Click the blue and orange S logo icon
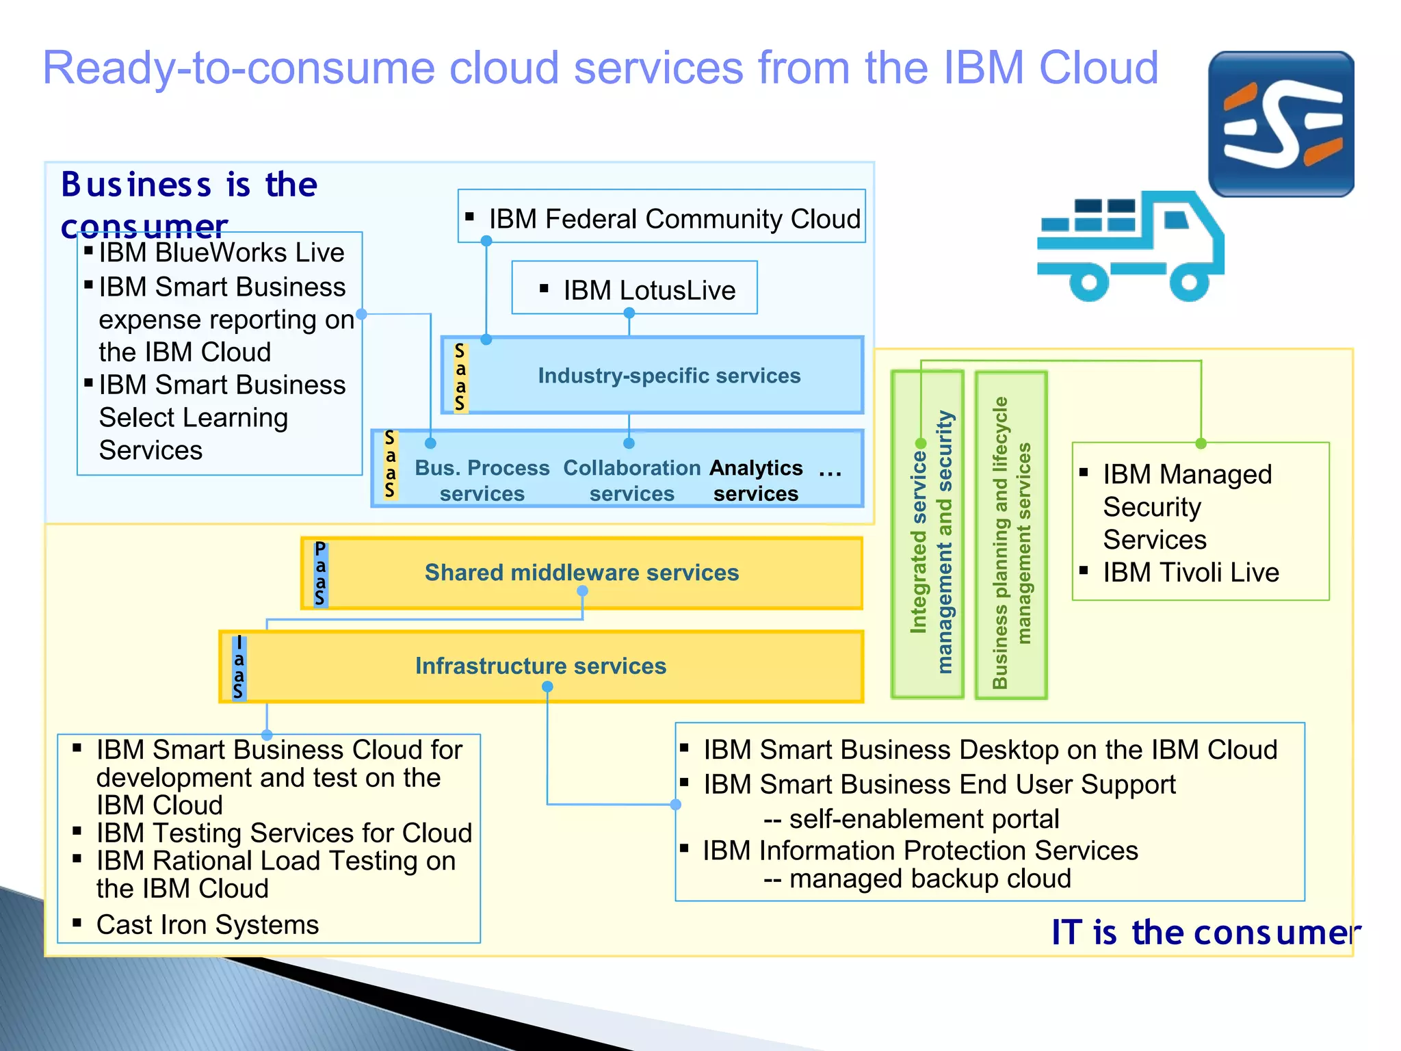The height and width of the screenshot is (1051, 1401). (1281, 124)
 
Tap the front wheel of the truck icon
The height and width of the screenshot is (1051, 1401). (1190, 281)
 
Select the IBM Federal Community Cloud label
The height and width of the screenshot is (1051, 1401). (674, 219)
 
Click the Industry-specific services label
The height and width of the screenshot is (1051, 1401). (668, 376)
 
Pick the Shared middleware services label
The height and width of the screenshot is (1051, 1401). (581, 572)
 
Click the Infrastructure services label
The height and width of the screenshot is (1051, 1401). (540, 666)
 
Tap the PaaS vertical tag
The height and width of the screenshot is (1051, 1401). (320, 573)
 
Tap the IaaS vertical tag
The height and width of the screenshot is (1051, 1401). (238, 667)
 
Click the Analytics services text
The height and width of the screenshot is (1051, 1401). (755, 480)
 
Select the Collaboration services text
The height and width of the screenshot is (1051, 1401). (631, 480)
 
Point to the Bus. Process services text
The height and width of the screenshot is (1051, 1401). (482, 480)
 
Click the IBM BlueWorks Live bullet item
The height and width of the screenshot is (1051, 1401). (221, 252)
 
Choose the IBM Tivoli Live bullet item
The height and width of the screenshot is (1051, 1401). (1190, 572)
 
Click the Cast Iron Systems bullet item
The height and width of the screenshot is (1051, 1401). (207, 924)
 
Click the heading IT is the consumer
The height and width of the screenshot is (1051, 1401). (1204, 932)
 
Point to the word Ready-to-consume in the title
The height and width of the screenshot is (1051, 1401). (239, 68)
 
